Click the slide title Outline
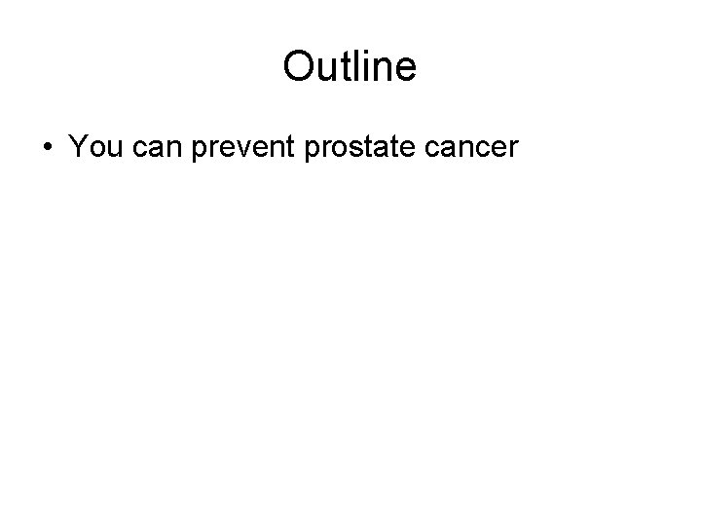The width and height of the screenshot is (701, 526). [x=350, y=66]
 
